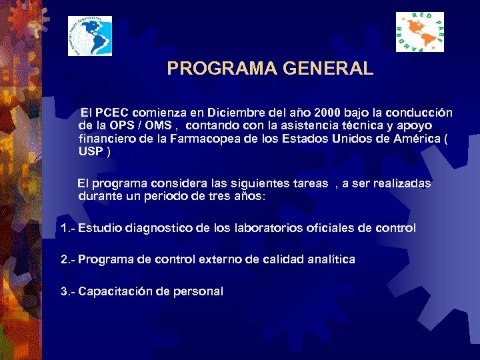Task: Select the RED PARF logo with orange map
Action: tap(420, 31)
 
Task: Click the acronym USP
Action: tap(91, 151)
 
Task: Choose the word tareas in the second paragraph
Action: tap(307, 183)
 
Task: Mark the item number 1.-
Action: tap(67, 228)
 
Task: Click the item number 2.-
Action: tap(67, 259)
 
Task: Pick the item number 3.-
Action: tap(67, 291)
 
